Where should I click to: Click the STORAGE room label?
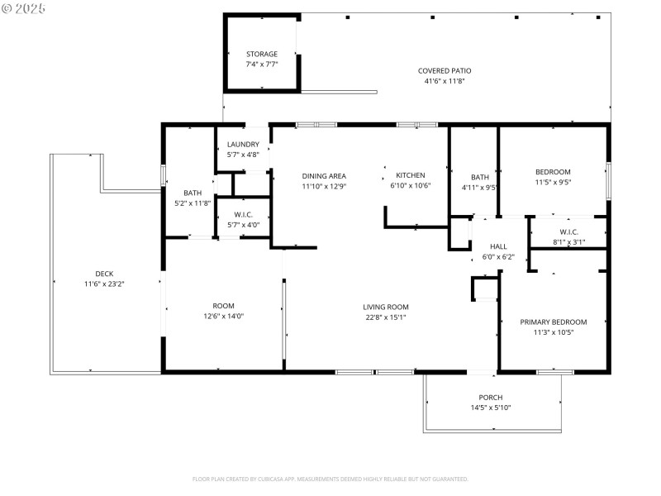(x=261, y=54)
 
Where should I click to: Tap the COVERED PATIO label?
(x=445, y=70)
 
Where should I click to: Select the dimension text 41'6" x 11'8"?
(x=445, y=82)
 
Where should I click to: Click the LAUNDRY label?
(x=243, y=145)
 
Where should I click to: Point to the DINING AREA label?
(x=324, y=175)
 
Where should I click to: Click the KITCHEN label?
(x=411, y=175)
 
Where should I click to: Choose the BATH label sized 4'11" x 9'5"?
(x=480, y=177)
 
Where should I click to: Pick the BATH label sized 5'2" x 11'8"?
(x=193, y=193)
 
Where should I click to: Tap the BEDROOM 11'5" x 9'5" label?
(x=553, y=172)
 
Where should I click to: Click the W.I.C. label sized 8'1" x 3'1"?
(x=568, y=231)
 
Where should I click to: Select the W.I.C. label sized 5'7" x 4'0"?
(x=243, y=214)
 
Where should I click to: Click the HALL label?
(x=498, y=246)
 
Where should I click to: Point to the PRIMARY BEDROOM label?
(x=553, y=322)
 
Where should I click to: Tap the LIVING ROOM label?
(x=386, y=307)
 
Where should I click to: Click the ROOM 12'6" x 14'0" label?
(x=223, y=305)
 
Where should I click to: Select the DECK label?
(x=104, y=274)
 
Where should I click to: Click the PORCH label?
(x=491, y=397)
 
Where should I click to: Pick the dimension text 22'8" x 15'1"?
(x=386, y=317)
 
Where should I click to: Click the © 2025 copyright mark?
(x=24, y=8)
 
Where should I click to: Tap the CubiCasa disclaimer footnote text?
(x=330, y=479)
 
